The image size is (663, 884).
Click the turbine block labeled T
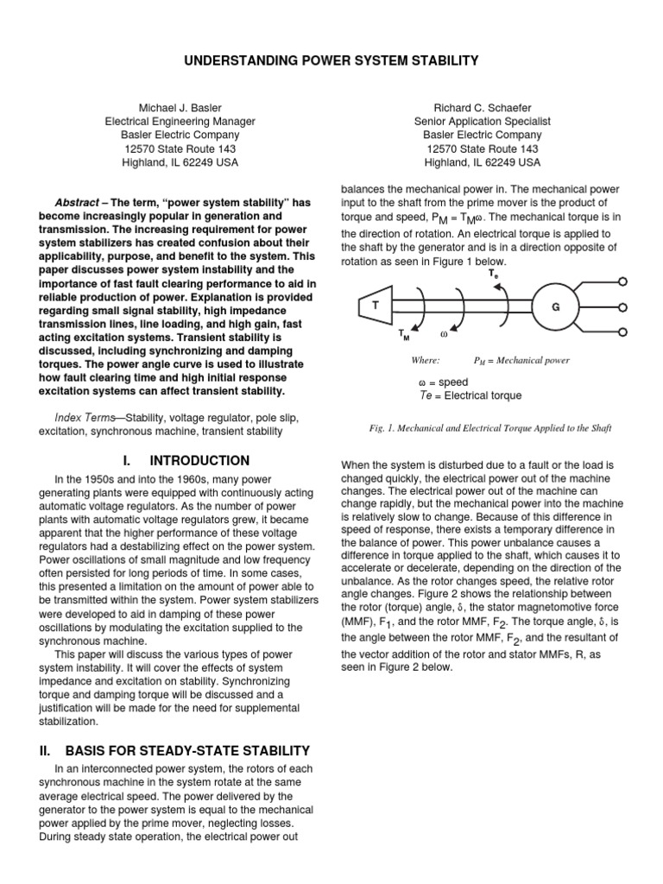(x=376, y=306)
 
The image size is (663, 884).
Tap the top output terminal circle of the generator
(x=622, y=281)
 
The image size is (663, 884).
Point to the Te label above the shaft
(x=493, y=273)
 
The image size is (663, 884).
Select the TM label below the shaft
(x=404, y=334)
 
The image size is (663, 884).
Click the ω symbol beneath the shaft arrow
(x=444, y=332)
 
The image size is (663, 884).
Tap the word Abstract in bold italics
(x=76, y=201)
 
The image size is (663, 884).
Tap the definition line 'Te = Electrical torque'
(x=470, y=395)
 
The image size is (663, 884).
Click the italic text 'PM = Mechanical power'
(x=521, y=360)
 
